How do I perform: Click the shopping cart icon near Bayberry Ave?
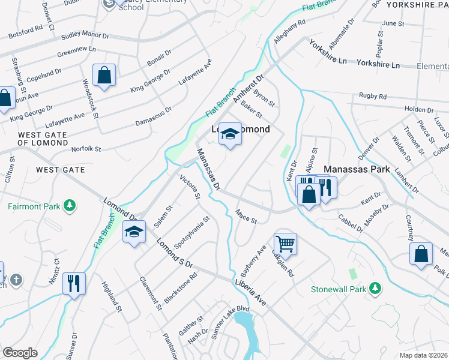point(285,243)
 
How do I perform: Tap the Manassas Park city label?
point(358,170)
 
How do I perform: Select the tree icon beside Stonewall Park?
point(376,289)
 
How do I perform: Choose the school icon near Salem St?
point(134,232)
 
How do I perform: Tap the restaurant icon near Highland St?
point(74,283)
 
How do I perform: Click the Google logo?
point(20,353)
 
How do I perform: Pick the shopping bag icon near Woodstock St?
point(104,76)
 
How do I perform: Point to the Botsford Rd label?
point(22,28)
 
